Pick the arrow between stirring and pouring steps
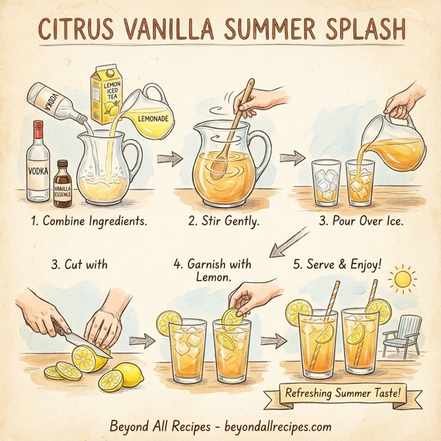(293, 156)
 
